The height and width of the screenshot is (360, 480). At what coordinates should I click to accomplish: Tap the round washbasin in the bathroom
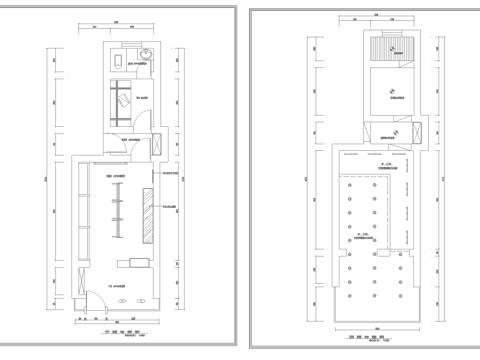(145, 55)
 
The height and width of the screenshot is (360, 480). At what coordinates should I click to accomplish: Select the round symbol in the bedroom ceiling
(391, 86)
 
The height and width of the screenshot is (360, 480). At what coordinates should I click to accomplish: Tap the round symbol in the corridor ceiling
(393, 132)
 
